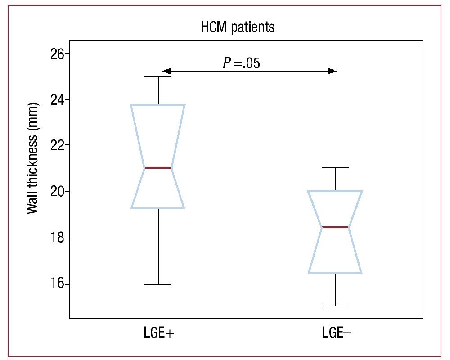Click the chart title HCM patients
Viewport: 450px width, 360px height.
tap(238, 27)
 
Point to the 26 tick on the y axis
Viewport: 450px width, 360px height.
tap(56, 53)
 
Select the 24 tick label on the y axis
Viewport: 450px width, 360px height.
tap(56, 99)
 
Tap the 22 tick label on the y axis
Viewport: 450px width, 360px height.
tap(56, 145)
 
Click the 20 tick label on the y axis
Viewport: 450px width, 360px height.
tap(56, 192)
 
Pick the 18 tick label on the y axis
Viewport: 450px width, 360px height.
tap(56, 238)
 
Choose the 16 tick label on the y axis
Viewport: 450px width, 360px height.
tap(56, 284)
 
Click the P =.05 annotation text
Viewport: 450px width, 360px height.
tap(242, 63)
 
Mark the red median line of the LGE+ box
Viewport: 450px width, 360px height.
tap(158, 168)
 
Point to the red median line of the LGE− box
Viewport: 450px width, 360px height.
tap(335, 227)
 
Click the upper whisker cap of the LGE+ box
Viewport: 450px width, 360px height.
tap(158, 76)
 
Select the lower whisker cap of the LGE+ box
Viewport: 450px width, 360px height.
tap(158, 284)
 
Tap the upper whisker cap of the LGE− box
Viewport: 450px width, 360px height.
tap(336, 168)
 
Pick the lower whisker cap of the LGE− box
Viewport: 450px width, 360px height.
tap(336, 306)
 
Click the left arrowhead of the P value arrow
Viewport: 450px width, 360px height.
tap(166, 71)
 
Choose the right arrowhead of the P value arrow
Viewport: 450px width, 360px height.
tap(332, 71)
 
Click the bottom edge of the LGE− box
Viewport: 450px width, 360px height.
tap(336, 273)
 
